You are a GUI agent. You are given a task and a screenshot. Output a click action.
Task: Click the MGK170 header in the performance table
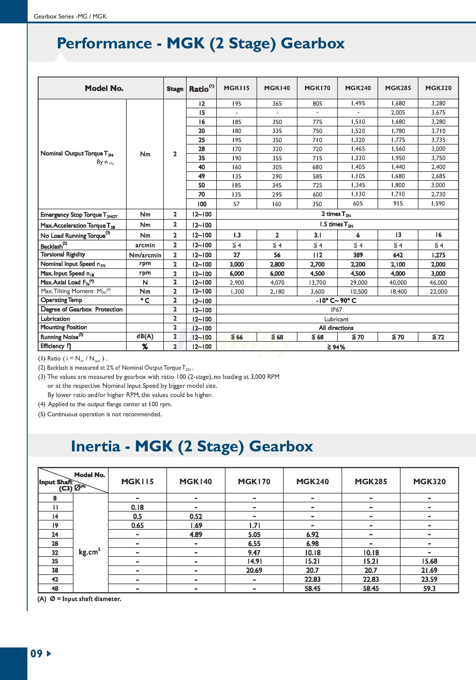317,88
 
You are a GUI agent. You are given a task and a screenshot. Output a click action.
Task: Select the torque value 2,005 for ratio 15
398,113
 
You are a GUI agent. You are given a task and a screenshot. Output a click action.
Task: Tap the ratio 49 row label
201,176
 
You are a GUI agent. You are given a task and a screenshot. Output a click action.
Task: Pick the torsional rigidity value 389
358,255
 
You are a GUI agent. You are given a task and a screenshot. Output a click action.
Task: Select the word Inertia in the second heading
95,446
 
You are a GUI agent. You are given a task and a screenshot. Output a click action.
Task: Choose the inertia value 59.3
429,588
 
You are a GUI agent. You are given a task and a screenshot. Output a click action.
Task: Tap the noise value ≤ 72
438,337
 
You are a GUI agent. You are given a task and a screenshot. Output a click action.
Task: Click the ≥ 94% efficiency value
336,347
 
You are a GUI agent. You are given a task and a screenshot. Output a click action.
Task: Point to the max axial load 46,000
438,282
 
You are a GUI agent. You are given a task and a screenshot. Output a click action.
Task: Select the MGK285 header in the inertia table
371,482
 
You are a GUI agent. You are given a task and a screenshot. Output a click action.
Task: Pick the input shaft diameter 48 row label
55,588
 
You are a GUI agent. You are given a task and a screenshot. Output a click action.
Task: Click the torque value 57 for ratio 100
236,204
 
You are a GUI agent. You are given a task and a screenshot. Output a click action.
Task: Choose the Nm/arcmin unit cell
145,255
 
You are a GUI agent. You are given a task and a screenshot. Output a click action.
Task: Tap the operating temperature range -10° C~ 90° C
336,301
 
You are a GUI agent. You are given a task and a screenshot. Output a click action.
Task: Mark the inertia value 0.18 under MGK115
137,507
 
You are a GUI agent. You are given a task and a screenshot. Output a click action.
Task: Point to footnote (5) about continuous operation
100,414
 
